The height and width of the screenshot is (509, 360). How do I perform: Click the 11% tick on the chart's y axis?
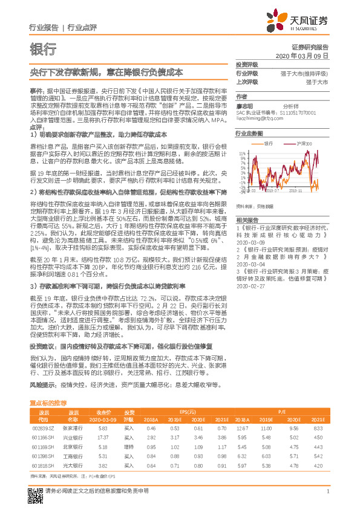[x=241, y=154]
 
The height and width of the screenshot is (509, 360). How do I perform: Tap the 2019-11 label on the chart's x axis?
[x=296, y=190]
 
